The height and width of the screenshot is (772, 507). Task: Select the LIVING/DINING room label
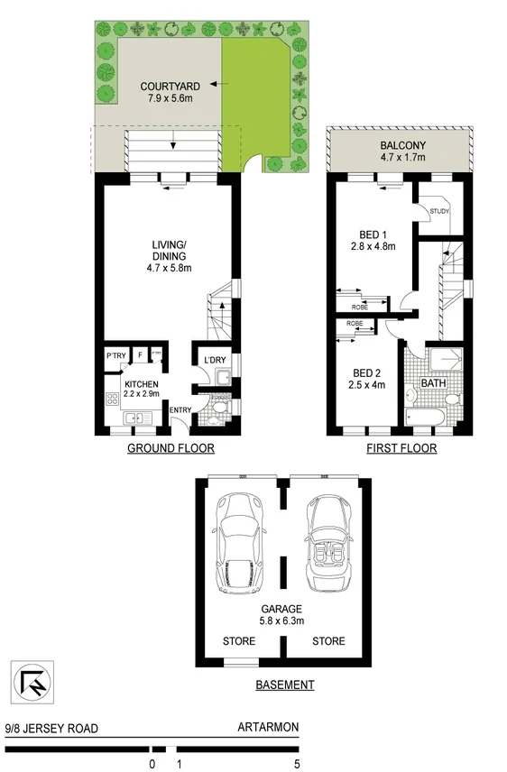tap(169, 255)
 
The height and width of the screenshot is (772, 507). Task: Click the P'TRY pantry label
tap(115, 356)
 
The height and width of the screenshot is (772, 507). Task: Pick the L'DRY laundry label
tap(215, 361)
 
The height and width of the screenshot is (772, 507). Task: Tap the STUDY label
tap(440, 212)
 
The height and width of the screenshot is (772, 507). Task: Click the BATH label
tap(434, 383)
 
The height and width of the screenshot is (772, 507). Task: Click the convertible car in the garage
tap(327, 543)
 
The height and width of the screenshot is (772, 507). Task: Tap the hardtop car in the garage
tap(238, 545)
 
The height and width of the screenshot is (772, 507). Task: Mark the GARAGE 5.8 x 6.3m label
tap(284, 613)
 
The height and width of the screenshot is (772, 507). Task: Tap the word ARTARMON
tap(268, 729)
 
